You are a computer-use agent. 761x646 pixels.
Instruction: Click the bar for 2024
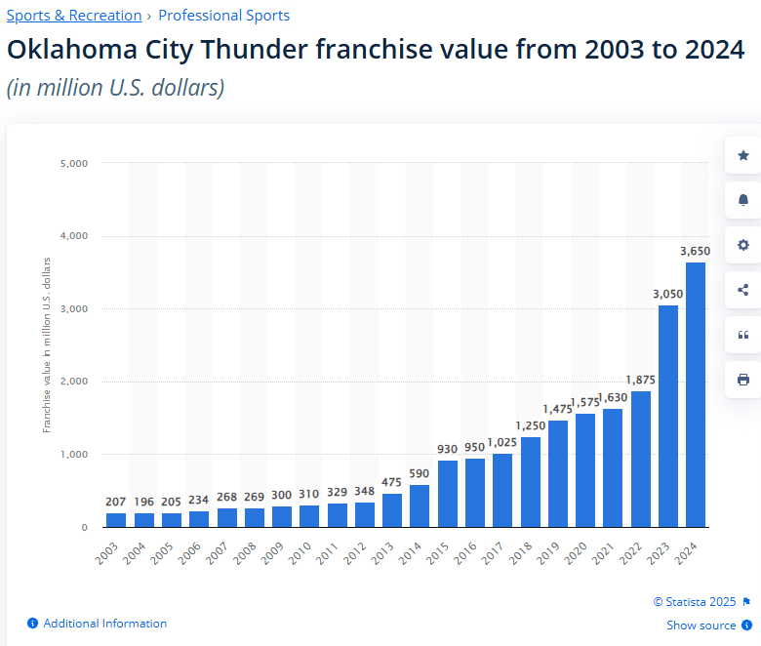click(x=696, y=394)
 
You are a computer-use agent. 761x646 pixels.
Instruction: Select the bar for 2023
click(x=668, y=416)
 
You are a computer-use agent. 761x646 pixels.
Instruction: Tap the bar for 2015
click(x=448, y=494)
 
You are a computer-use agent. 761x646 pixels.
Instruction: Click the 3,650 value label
click(x=696, y=251)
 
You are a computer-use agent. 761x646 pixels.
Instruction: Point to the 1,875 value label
click(x=641, y=380)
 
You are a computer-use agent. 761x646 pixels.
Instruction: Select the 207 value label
click(x=116, y=502)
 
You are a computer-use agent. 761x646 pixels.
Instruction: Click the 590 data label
click(x=420, y=473)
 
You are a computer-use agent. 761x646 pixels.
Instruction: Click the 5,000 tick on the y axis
click(x=74, y=163)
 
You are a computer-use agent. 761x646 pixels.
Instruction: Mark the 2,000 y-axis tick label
click(x=74, y=382)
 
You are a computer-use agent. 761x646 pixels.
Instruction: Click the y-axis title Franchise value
click(x=46, y=343)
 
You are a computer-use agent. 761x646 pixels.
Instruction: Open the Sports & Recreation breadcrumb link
click(x=74, y=16)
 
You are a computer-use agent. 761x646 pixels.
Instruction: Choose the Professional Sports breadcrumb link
click(x=223, y=16)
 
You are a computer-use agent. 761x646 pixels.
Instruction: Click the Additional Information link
click(x=104, y=624)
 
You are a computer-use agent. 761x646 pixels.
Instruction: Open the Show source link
click(x=701, y=626)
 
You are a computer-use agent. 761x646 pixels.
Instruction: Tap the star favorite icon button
click(x=743, y=155)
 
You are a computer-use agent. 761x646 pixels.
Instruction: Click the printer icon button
click(x=743, y=380)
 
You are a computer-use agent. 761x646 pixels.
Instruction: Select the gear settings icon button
click(x=743, y=245)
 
